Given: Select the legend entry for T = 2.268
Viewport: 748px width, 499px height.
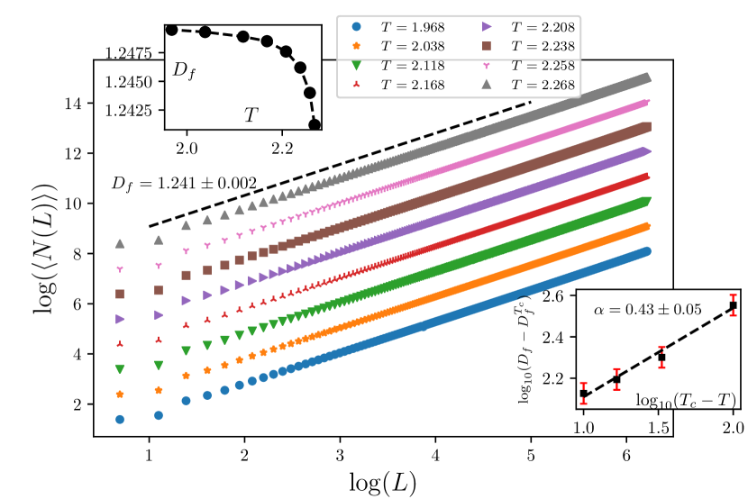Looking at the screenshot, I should point(532,85).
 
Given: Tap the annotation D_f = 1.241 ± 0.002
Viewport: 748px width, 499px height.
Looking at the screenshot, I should point(184,183).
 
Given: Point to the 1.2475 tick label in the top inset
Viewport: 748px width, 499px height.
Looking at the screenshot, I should point(133,54).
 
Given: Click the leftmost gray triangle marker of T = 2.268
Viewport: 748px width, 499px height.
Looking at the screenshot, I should point(119,244).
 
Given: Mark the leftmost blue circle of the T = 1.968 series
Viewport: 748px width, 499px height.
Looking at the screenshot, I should point(119,419).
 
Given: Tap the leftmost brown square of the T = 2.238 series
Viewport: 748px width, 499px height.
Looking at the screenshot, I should point(119,294).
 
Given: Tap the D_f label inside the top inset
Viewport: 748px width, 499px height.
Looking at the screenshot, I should point(184,69).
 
